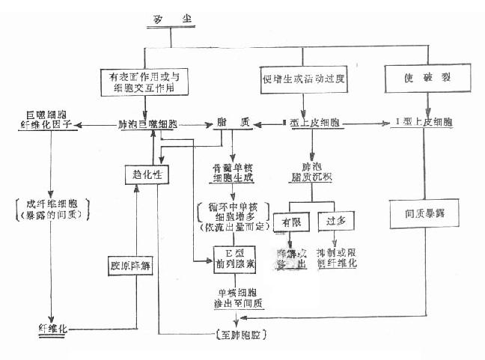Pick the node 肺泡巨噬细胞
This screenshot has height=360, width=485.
point(147,123)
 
